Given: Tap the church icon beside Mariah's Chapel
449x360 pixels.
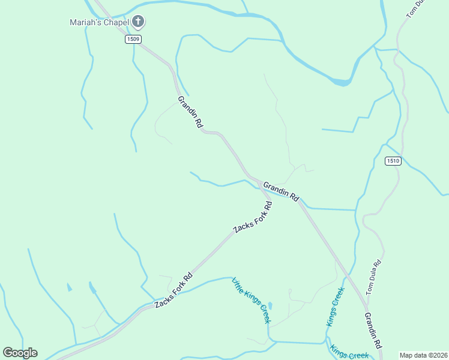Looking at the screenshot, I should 138,23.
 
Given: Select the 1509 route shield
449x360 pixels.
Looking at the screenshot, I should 133,39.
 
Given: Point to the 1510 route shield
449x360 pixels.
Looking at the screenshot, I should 392,161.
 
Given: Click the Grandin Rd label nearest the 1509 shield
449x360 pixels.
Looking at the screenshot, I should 190,112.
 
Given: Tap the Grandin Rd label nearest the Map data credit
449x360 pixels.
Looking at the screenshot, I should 374,331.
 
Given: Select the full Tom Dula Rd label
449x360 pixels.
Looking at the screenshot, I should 373,277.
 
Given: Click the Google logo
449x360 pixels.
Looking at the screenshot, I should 20,352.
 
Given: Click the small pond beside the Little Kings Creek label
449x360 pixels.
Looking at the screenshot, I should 270,306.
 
